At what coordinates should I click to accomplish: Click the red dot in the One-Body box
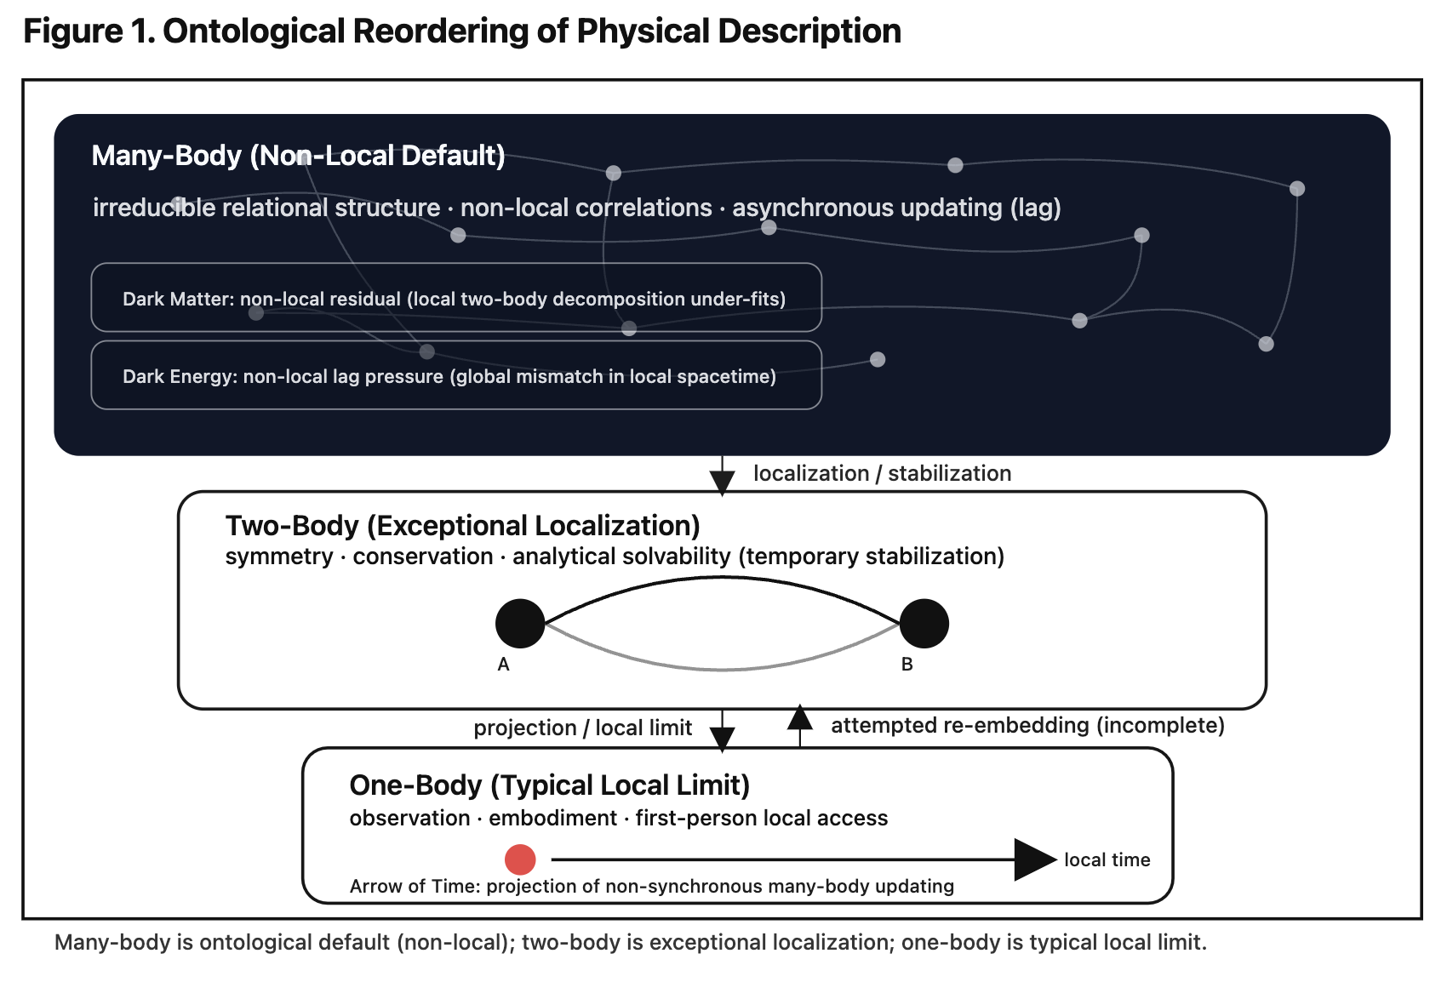coord(520,859)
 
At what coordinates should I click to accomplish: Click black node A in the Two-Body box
coord(520,624)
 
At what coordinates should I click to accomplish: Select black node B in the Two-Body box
coord(924,624)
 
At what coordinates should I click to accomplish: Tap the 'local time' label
coord(1107,860)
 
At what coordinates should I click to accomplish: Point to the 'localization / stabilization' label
coord(882,474)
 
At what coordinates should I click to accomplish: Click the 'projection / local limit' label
coord(582,728)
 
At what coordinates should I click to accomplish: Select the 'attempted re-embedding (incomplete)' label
coord(1027,726)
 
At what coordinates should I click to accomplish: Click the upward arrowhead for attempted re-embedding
coord(799,718)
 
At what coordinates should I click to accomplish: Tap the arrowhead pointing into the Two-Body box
coord(722,482)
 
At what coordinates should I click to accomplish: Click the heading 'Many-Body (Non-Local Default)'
coord(298,156)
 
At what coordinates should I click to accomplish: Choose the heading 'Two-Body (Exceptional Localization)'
coord(462,526)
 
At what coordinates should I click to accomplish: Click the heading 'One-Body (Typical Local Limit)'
coord(549,785)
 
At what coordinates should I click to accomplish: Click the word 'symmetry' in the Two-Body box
coord(279,557)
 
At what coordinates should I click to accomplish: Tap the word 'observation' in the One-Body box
coord(409,819)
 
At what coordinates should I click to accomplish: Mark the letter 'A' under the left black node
coord(503,665)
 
